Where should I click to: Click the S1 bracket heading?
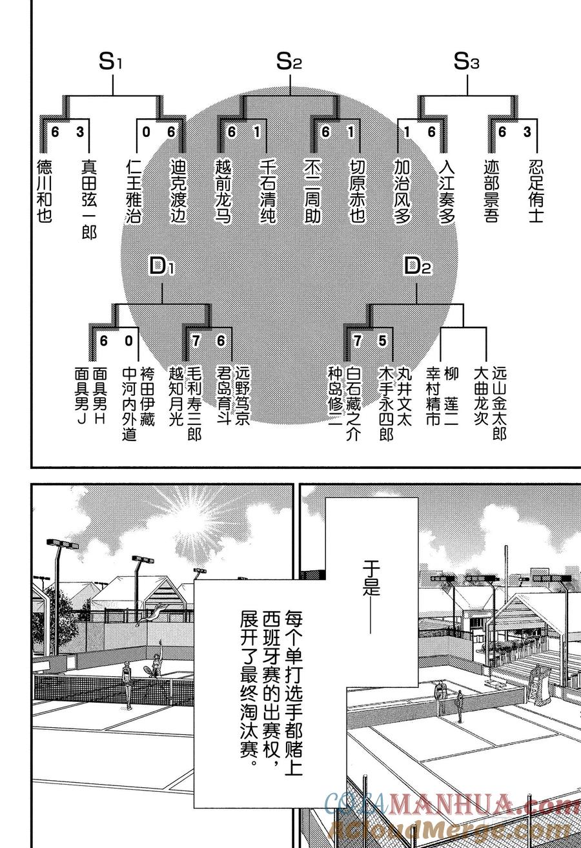tap(110, 62)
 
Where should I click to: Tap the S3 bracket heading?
tap(466, 62)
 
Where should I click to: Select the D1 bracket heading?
tap(161, 266)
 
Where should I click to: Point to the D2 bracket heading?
tap(418, 266)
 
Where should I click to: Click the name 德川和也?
tap(45, 191)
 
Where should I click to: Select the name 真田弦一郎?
tap(89, 199)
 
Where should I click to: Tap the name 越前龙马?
tap(223, 191)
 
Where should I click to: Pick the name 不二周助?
tap(312, 191)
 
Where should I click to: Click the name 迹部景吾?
tap(491, 191)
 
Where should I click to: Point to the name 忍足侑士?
tap(536, 191)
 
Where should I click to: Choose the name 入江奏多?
tap(447, 191)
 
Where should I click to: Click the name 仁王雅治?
tap(134, 191)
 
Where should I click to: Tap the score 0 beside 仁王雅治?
tap(146, 132)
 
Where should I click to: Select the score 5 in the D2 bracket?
tap(382, 341)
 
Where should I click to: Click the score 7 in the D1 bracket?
tap(196, 341)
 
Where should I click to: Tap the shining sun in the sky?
tap(188, 520)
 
